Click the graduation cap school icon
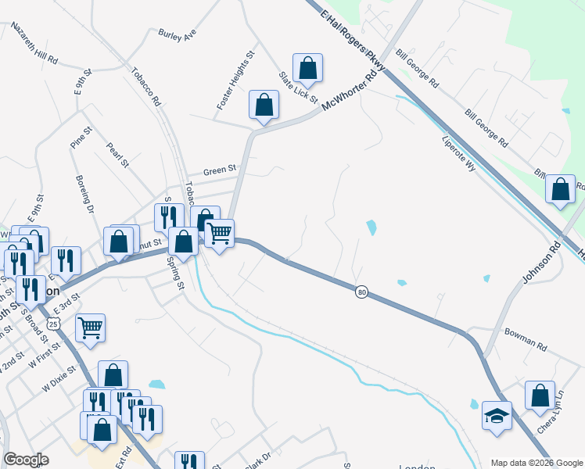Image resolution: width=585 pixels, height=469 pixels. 497,414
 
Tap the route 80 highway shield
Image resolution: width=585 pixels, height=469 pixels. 361,292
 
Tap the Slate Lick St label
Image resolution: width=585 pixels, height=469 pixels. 299,88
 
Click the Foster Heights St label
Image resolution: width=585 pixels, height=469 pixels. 237,80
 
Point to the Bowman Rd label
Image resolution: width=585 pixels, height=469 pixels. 525,342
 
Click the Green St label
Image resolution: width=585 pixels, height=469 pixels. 220,170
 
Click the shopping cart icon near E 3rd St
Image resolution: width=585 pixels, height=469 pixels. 90,328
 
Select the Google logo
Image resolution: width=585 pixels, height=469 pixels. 26,460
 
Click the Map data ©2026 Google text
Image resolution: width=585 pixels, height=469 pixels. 536,463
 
